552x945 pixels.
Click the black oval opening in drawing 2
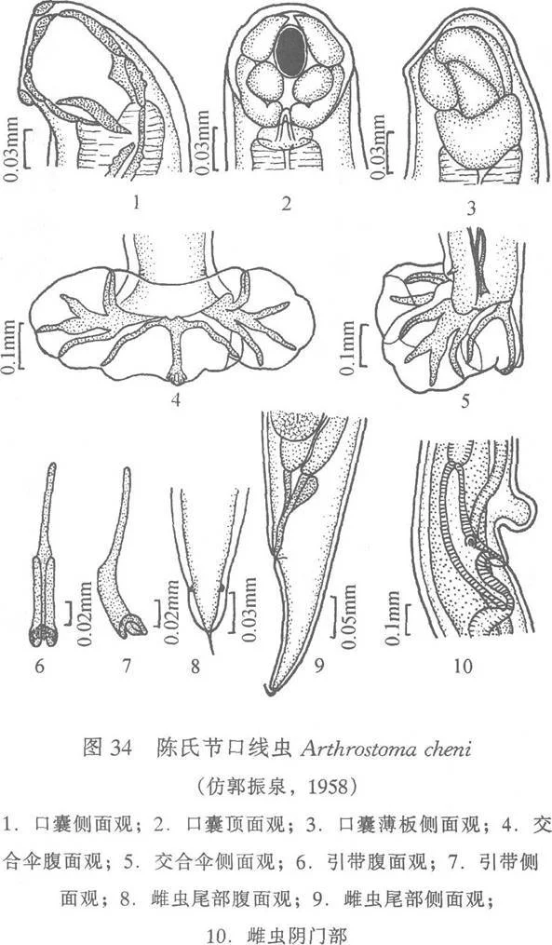[290, 53]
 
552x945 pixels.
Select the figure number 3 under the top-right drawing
[471, 209]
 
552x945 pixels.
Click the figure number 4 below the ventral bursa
[176, 399]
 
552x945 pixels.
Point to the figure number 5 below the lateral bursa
[465, 401]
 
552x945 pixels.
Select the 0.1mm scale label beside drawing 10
[393, 617]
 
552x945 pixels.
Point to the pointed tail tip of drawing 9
[269, 692]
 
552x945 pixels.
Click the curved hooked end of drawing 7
[132, 627]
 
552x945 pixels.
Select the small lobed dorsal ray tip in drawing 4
[176, 378]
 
